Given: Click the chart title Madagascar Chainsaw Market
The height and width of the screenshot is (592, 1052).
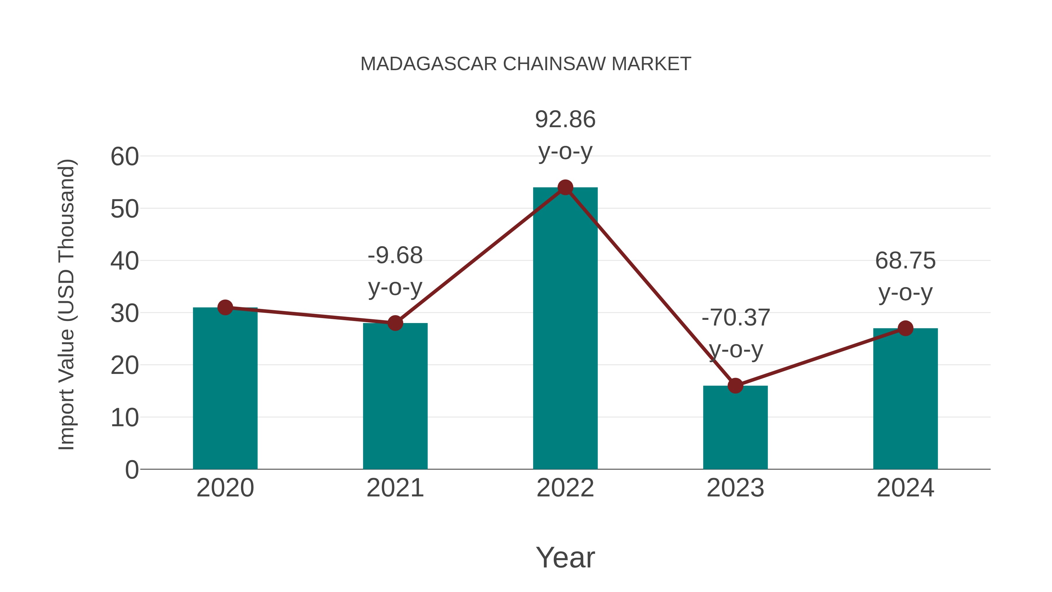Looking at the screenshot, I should tap(526, 64).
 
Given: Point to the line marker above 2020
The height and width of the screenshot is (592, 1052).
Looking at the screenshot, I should tap(225, 307).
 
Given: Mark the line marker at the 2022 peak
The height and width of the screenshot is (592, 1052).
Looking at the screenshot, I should tap(565, 187).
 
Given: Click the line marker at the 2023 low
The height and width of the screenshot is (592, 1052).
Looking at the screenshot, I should tap(735, 386).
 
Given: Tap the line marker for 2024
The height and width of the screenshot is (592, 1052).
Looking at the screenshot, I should tap(905, 328).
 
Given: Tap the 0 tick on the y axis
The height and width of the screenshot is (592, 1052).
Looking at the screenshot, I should tap(131, 470).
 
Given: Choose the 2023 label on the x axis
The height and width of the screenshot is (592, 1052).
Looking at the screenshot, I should tap(735, 488).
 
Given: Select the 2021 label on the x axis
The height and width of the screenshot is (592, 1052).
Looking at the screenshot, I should tap(395, 488).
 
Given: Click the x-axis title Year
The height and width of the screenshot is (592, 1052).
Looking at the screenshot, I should tap(565, 557).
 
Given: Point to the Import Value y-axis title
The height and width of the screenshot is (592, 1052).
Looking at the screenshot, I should tap(66, 304).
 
